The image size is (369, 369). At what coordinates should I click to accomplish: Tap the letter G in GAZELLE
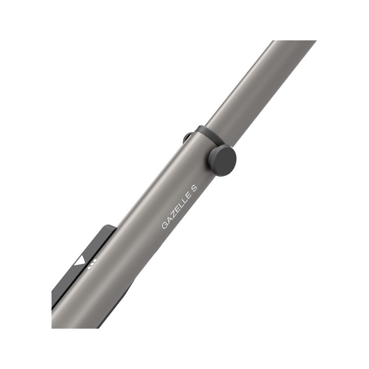164,225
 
